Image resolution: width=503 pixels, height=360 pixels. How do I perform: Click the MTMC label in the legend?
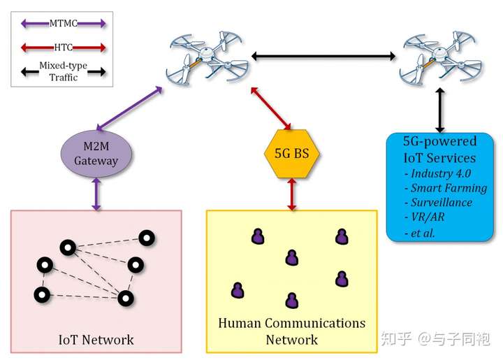point(63,24)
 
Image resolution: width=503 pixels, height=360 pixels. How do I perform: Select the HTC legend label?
point(63,48)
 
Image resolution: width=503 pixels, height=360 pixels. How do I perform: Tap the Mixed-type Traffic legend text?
point(63,71)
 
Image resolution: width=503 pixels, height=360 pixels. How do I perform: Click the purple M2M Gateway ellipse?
point(96,154)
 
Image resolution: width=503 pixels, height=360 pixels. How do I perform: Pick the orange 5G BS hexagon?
point(291,154)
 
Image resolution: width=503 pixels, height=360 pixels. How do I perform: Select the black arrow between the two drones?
point(323,57)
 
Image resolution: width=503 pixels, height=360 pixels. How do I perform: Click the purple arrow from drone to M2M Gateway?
point(129,108)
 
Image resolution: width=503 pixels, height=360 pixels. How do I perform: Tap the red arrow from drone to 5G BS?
point(271,108)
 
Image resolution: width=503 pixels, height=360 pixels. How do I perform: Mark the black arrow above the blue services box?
point(440,110)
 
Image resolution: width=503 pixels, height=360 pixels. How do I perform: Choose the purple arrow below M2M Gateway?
point(96,194)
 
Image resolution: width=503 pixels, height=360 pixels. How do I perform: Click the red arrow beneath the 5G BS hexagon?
point(291,194)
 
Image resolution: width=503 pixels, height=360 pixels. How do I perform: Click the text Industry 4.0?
point(441,173)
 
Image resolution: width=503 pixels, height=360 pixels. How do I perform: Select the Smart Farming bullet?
point(449,188)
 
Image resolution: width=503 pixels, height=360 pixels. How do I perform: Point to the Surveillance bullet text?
point(442,203)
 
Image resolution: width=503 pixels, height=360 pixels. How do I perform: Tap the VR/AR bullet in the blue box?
point(428,217)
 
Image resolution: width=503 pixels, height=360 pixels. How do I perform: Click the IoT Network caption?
point(96,340)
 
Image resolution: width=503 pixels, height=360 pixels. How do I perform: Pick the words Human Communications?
point(291,323)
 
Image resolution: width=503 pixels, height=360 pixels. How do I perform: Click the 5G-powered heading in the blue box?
point(440,141)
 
